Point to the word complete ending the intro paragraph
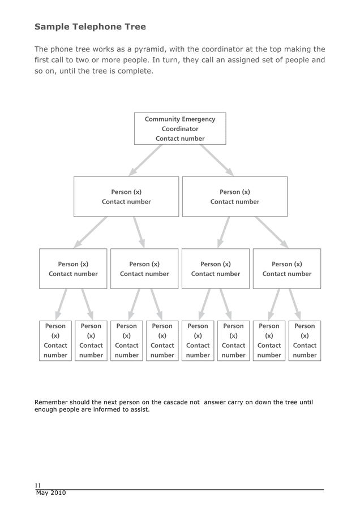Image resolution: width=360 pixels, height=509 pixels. tap(135, 71)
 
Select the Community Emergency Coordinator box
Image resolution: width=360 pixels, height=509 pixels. tap(180, 128)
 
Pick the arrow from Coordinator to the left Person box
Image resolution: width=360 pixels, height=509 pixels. tap(145, 160)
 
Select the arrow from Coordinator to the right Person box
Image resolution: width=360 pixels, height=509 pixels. tap(217, 160)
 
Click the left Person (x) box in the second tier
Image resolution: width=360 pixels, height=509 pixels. tap(126, 196)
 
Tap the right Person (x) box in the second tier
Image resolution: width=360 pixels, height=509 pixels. tap(234, 196)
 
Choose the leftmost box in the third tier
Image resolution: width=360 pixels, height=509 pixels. tap(73, 269)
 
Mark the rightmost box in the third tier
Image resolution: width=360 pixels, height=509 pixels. tap(286, 269)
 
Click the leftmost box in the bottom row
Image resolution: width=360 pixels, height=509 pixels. tap(55, 340)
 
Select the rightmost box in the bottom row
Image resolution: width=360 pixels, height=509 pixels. tap(305, 340)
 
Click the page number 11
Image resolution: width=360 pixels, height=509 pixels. tap(37, 485)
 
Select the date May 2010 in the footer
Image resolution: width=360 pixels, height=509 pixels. tap(51, 493)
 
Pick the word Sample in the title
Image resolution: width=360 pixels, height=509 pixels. tap(52, 27)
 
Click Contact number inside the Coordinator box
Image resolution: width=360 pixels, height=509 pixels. tap(180, 139)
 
